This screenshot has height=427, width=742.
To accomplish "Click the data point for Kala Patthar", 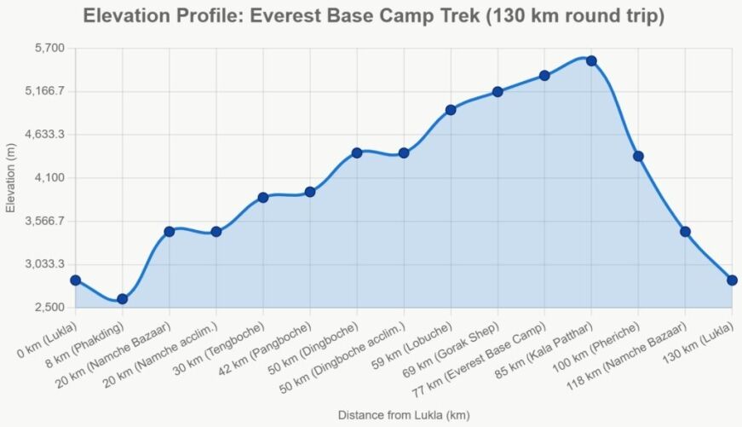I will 591,61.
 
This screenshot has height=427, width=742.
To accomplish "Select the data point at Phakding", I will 123,298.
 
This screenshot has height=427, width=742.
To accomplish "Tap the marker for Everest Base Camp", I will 544,76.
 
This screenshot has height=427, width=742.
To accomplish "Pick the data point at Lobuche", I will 451,110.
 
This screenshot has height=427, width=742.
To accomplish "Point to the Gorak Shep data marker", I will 498,92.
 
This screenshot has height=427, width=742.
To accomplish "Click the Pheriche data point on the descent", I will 638,156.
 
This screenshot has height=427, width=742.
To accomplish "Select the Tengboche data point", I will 263,198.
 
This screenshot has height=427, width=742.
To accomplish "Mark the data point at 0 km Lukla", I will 76,280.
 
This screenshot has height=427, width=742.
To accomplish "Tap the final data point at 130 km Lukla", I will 732,280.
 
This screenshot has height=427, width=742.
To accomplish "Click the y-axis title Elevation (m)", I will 11,178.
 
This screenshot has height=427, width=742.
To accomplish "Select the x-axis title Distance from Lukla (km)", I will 404,415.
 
